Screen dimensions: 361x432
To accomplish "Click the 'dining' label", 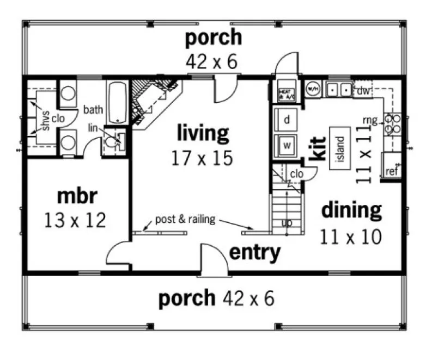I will (351, 209).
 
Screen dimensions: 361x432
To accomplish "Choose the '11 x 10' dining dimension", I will (351, 236).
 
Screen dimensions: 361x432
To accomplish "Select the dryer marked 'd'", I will (287, 120).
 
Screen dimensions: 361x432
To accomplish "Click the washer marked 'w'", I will (287, 145).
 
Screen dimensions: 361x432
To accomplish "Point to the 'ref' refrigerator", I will (392, 171).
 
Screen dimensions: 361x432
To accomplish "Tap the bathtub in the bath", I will (117, 102).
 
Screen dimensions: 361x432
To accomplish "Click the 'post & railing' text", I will (185, 220).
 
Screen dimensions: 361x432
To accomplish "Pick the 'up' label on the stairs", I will (286, 223).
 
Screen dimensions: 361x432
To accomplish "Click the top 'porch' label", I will (213, 39).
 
